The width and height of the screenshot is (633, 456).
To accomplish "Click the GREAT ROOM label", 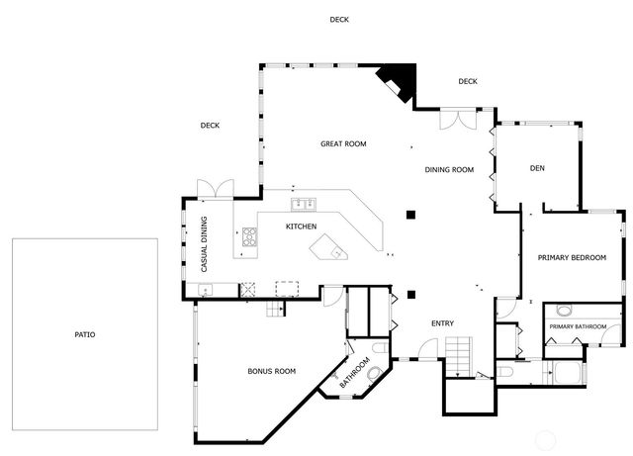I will tap(343, 144).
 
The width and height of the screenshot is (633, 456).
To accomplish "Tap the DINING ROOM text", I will tap(449, 170).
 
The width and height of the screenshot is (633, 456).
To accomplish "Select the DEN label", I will tap(537, 168).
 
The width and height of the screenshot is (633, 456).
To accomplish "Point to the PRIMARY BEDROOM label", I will tap(571, 257).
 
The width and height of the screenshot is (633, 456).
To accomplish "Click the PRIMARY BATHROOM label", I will tap(578, 326).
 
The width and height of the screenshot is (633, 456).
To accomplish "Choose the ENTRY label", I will tap(443, 324).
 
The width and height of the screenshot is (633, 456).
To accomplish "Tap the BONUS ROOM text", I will tap(271, 372).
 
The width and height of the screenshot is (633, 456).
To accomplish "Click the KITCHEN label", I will tap(301, 228).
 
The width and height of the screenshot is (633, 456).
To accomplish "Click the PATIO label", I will tap(85, 334).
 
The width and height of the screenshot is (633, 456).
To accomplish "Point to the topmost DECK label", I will tap(339, 20).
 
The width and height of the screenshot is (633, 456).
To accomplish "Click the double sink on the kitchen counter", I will tap(303, 205).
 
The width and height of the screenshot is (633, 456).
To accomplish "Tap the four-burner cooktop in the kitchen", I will tap(249, 237).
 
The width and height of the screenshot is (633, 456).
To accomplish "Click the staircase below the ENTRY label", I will tap(458, 355).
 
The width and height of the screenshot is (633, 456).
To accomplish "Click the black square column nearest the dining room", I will tap(411, 215).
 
